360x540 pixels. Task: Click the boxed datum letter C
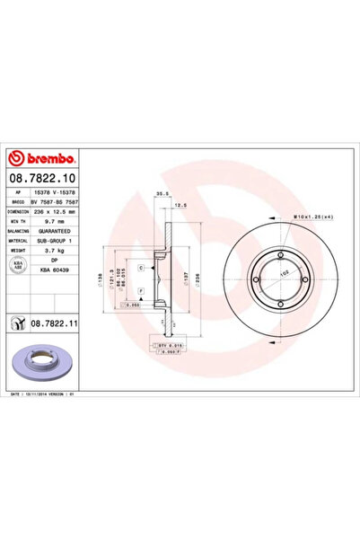coord(142,268)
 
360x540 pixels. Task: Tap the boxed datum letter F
coord(142,292)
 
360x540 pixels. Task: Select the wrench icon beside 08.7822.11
coord(17,321)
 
